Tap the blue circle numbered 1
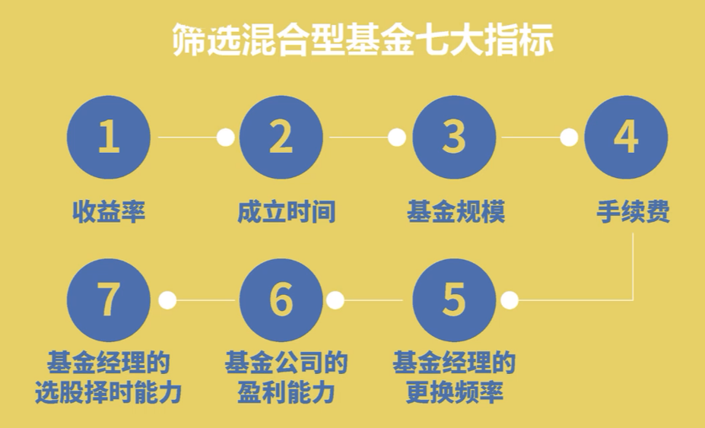(109, 138)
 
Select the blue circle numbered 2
(281, 138)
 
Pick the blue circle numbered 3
(454, 138)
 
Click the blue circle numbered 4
(626, 138)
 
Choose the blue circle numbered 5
(454, 300)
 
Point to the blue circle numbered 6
(281, 300)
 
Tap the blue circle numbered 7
(109, 300)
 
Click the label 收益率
(109, 212)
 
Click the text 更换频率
(454, 394)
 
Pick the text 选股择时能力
(109, 394)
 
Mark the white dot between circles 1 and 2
(225, 138)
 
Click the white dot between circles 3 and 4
(569, 138)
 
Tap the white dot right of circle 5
(510, 300)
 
